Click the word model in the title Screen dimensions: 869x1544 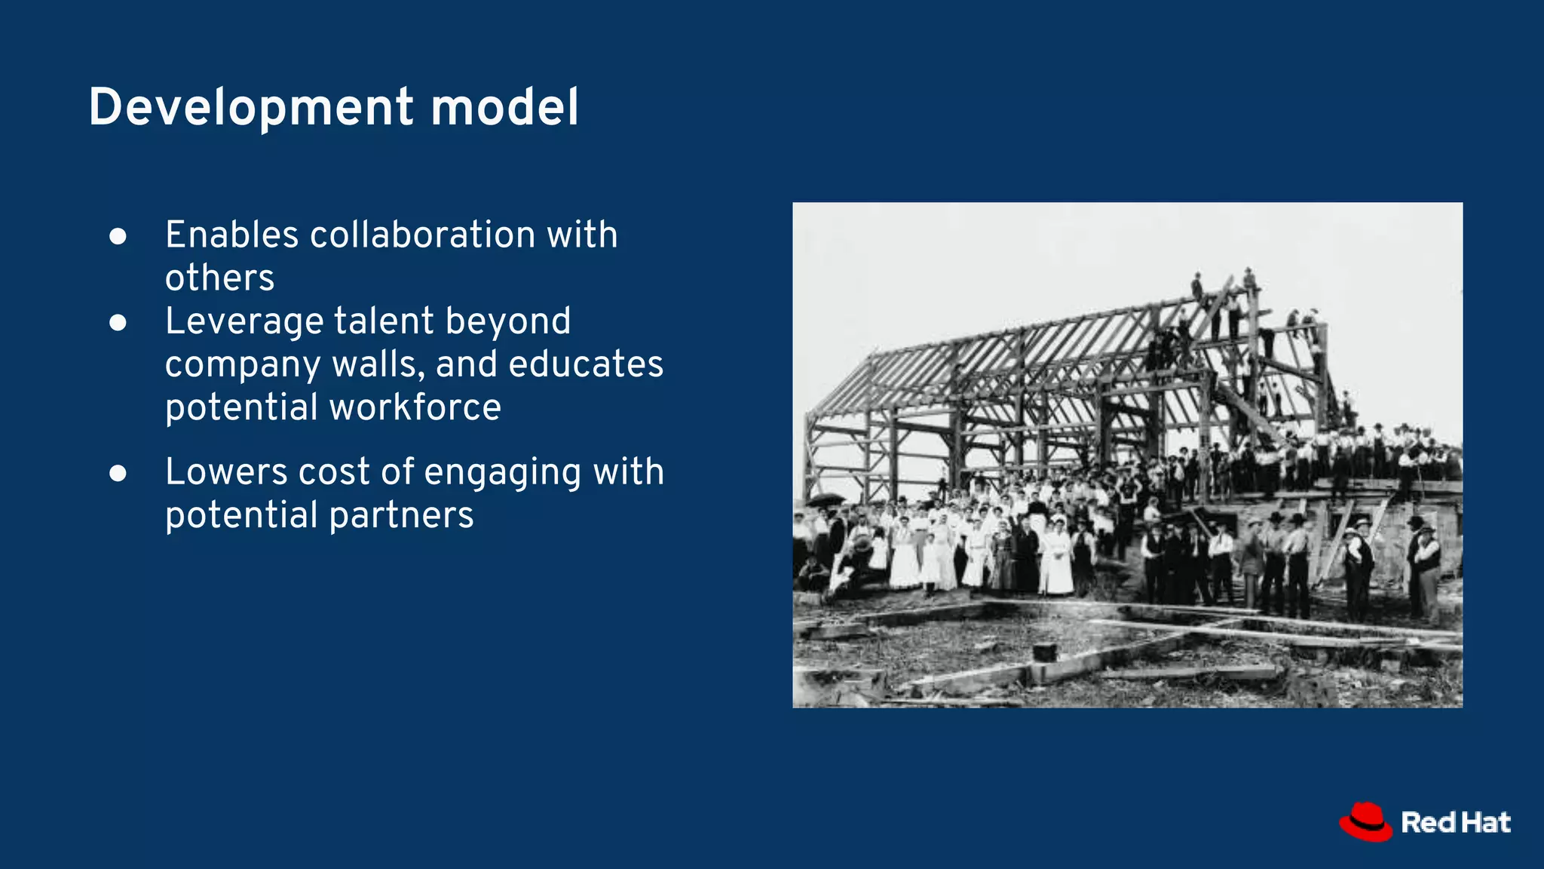504,107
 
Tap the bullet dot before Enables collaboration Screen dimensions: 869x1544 118,236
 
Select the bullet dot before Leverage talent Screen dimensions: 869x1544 118,323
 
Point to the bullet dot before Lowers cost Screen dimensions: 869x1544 118,473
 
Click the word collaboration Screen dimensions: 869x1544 422,235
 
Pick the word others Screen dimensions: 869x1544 219,278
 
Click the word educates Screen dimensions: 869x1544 586,364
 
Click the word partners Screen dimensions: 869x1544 401,516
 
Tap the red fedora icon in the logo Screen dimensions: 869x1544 1365,821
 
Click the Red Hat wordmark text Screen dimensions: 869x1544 1455,822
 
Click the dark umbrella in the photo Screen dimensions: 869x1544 826,499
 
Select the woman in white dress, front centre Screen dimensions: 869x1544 1058,562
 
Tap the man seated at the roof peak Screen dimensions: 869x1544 1196,286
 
